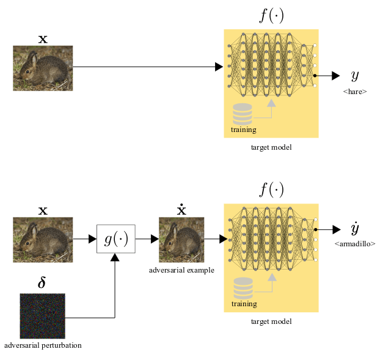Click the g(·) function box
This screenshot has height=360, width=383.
coord(116,239)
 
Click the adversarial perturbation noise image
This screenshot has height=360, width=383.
coord(42,316)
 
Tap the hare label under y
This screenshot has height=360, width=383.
coord(355,92)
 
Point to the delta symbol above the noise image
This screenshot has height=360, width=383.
coord(42,283)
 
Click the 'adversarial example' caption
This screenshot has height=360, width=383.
coord(181,270)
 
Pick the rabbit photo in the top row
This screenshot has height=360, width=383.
coord(43,68)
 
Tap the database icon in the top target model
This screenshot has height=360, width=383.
coord(242,114)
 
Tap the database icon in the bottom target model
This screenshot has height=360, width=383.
coord(242,288)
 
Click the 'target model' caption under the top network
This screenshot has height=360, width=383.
coord(271,147)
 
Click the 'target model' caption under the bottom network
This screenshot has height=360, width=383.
coord(271,321)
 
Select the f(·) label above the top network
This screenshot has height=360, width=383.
coord(271,15)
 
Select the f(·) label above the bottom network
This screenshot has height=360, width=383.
coord(271,190)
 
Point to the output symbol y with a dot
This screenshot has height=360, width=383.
coord(354,229)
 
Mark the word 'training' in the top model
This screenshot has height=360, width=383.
coord(243,130)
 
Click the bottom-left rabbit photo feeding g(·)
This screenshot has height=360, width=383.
coord(43,240)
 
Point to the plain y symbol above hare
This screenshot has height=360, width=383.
coord(354,76)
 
